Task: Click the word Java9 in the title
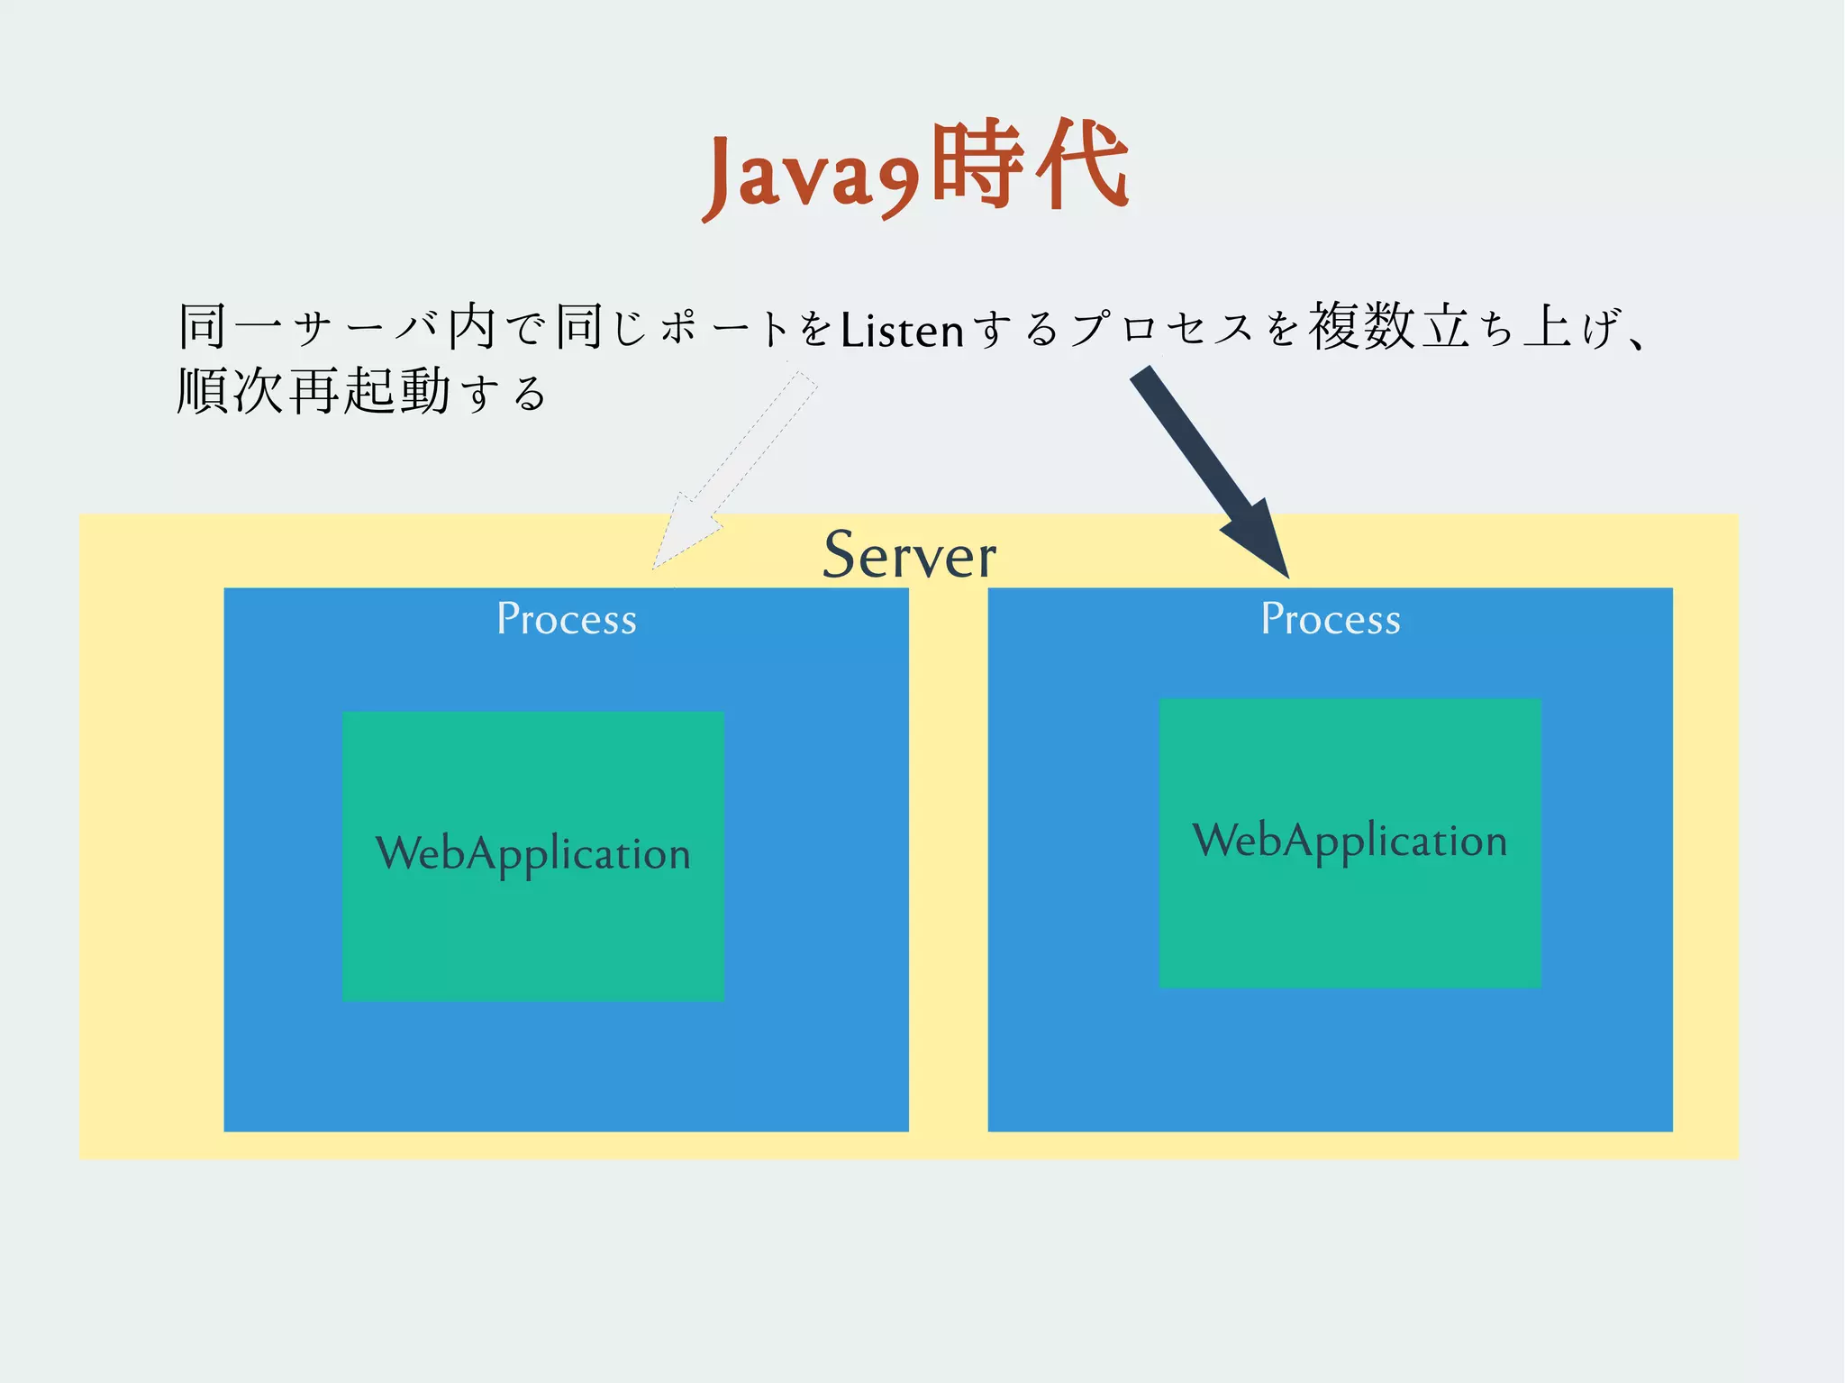811,176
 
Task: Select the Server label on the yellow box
909,555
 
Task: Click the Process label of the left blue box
567,619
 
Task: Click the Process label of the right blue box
1331,619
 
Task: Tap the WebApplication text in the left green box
533,854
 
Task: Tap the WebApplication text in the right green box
1350,841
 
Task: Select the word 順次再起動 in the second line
314,392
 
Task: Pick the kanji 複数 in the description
1362,327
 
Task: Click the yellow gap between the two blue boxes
948,856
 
